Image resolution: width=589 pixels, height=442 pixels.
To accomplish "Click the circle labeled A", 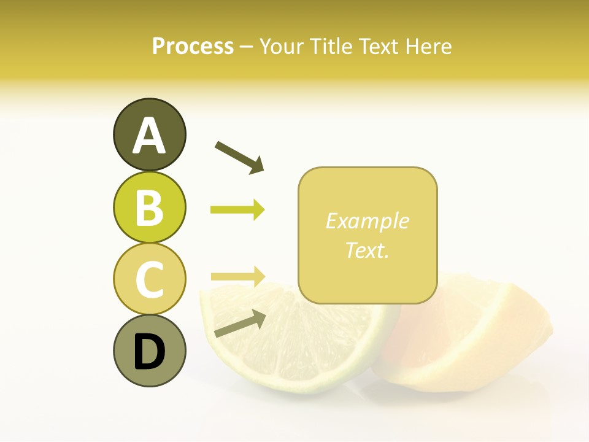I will coord(149,135).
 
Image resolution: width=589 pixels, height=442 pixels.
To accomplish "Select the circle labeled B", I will coord(149,207).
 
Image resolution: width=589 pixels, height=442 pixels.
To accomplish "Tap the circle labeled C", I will coord(149,279).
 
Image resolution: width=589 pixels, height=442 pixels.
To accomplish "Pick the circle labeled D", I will coord(149,351).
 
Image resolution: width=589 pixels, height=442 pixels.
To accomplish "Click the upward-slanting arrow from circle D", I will coord(240,324).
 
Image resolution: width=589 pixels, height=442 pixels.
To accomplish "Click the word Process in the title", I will coord(193,46).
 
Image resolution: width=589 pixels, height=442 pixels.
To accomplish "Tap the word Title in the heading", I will coord(332,46).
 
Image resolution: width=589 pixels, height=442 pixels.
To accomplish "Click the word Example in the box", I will coord(368,221).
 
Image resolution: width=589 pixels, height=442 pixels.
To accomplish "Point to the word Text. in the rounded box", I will coord(368,250).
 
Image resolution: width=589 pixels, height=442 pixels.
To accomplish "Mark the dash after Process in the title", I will coord(246,47).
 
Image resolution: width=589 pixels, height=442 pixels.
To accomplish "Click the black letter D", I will coord(149,352).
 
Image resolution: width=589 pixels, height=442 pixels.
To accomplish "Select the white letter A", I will coord(149,136).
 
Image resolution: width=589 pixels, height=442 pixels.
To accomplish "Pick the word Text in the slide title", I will coord(380,46).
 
